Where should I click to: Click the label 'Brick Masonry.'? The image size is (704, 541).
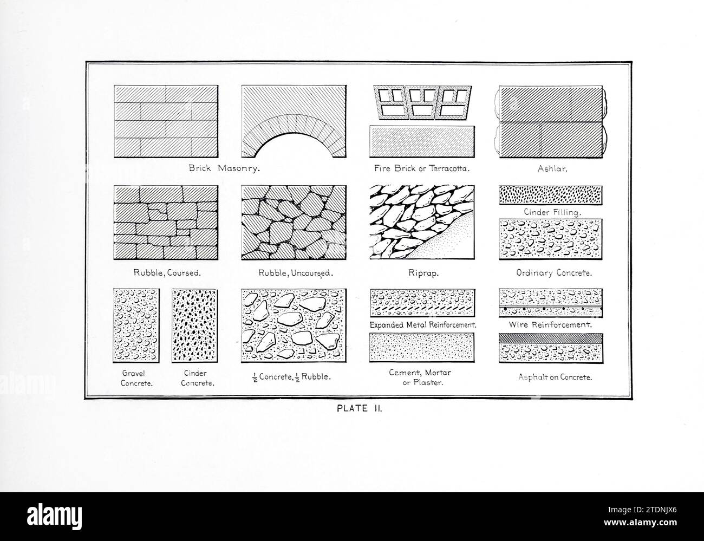click(x=224, y=168)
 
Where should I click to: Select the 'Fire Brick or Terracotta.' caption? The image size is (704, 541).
click(x=421, y=168)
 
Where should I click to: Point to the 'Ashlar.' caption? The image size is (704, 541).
click(x=552, y=168)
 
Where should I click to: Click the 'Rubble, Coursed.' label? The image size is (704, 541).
click(x=167, y=273)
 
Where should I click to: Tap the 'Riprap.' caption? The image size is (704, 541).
click(x=423, y=273)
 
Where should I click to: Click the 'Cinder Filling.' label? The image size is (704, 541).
click(x=552, y=213)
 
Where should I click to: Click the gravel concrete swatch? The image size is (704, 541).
click(x=136, y=325)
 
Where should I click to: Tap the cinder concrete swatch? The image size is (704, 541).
click(x=195, y=325)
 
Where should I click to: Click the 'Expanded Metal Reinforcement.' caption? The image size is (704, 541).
click(x=422, y=325)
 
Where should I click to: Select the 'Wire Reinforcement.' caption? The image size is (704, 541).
click(x=550, y=325)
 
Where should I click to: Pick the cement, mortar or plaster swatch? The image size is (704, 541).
click(x=422, y=347)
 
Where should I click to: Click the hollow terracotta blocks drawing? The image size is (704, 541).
click(x=421, y=103)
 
